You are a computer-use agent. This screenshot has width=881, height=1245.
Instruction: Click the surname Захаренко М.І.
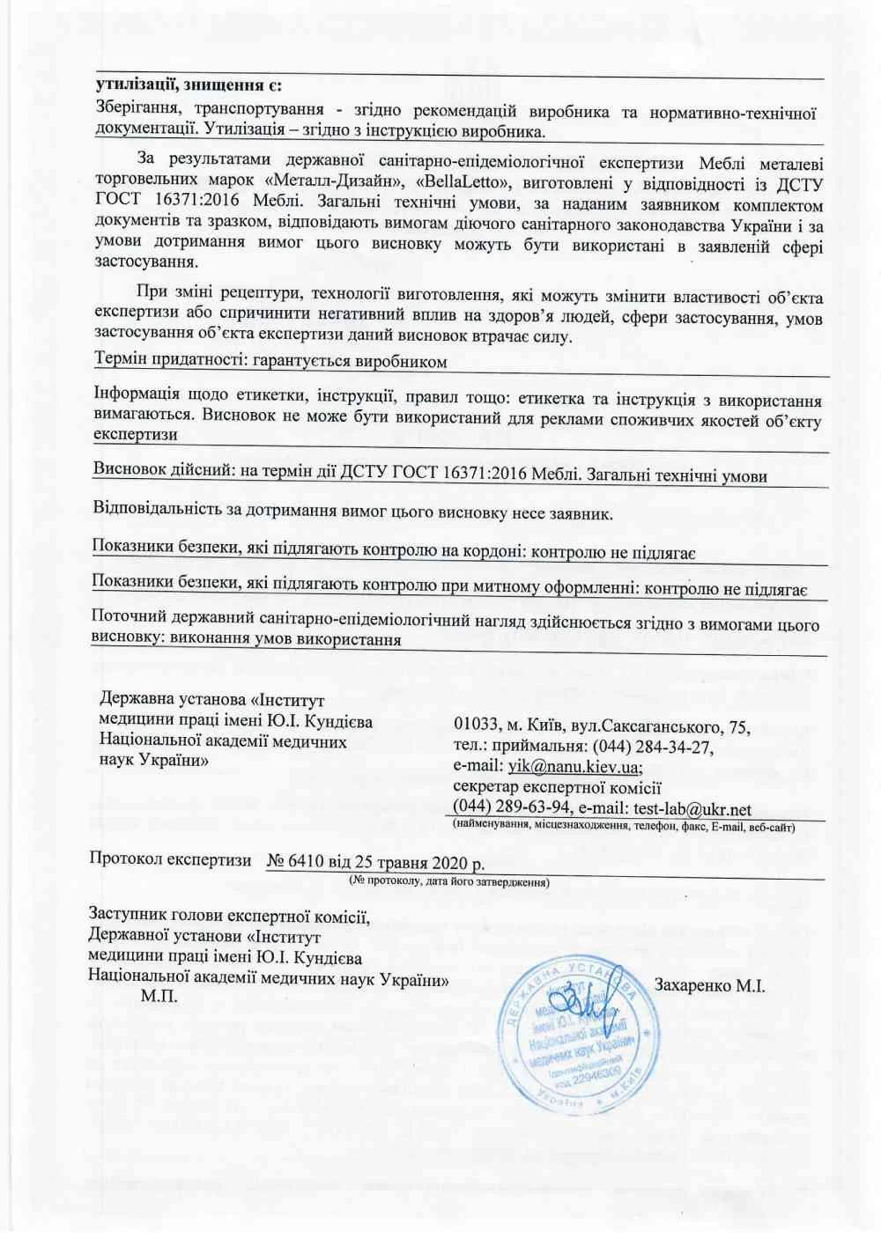coord(709,986)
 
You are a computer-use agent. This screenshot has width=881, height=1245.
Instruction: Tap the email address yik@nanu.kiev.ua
coord(572,767)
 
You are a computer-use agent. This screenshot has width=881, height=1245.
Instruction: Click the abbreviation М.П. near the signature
coord(159,996)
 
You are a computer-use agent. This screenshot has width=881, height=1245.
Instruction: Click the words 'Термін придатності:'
coord(167,361)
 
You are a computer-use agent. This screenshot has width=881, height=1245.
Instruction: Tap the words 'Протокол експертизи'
coord(170,860)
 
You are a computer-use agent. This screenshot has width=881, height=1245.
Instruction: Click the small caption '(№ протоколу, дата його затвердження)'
coord(449,880)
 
